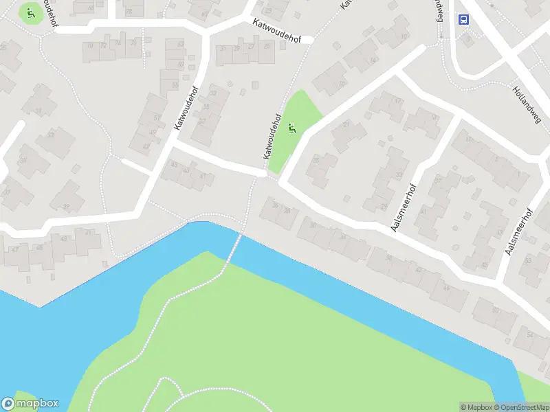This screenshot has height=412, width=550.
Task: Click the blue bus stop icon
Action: tap(464, 19)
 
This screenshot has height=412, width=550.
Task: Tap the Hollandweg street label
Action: tap(527, 104)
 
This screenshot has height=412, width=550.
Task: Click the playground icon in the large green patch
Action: tap(293, 126)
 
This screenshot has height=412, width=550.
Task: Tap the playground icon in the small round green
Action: tap(30, 12)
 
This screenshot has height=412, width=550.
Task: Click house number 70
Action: tap(89, 45)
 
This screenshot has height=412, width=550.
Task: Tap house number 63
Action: tap(180, 44)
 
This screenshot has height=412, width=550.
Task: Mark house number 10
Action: tap(404, 36)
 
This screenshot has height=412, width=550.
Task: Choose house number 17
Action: tap(397, 102)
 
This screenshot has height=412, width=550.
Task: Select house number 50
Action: tap(495, 310)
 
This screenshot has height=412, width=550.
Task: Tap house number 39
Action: tap(67, 207)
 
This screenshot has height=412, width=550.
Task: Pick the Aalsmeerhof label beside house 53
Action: tap(520, 232)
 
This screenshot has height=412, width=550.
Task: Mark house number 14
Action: tap(433, 117)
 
